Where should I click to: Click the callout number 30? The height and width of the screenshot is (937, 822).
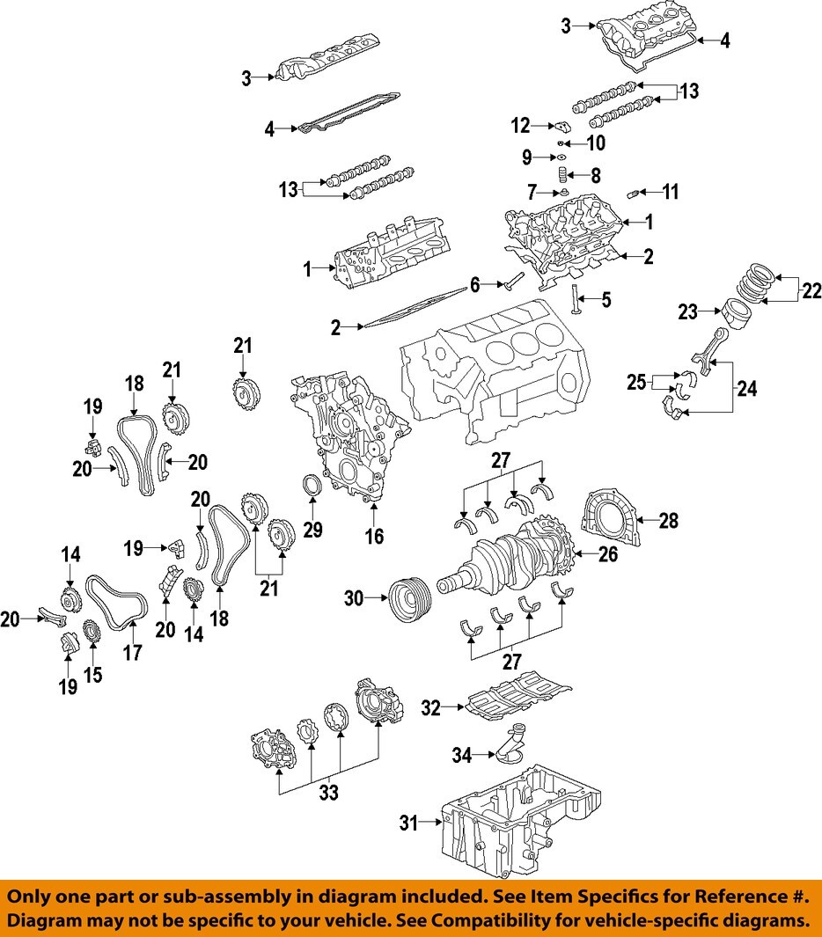[x=354, y=598]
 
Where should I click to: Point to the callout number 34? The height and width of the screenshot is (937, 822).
[x=463, y=755]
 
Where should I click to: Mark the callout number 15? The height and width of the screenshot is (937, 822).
[x=92, y=675]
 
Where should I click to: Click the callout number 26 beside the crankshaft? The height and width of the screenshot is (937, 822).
[x=607, y=555]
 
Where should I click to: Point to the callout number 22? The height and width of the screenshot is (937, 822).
[x=810, y=290]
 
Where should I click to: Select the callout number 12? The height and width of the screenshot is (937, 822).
[x=521, y=127]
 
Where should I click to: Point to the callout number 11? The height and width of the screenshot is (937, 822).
[x=671, y=191]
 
